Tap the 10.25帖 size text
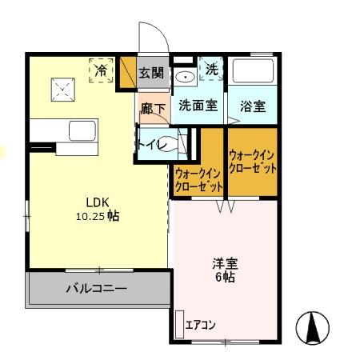point(97,215)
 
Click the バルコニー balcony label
point(96,289)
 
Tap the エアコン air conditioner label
point(201,325)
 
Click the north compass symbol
point(313,326)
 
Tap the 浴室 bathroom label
point(253,106)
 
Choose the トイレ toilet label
point(152,145)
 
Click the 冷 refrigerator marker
point(101,70)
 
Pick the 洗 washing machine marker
point(212,70)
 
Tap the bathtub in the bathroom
point(253,74)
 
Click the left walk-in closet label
point(198,180)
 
